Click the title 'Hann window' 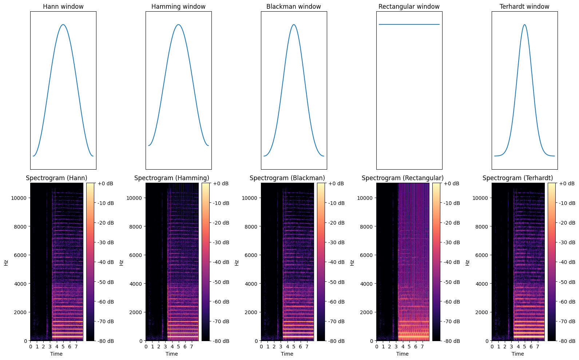pyautogui.click(x=63, y=7)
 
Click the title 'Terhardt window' pyautogui.click(x=524, y=7)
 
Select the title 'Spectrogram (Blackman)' pyautogui.click(x=287, y=178)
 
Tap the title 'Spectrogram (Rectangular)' pyautogui.click(x=402, y=178)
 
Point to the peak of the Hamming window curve pyautogui.click(x=178, y=25)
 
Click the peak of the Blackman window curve pyautogui.click(x=294, y=25)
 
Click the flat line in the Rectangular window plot pyautogui.click(x=409, y=24)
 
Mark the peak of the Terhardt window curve pyautogui.click(x=524, y=25)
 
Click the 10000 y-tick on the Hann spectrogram pyautogui.click(x=20, y=198)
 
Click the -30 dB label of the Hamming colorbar pyautogui.click(x=221, y=242)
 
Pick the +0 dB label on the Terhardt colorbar pyautogui.click(x=567, y=183)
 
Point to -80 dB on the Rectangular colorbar pyautogui.click(x=451, y=341)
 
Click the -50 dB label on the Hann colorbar pyautogui.click(x=106, y=282)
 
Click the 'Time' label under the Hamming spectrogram pyautogui.click(x=172, y=354)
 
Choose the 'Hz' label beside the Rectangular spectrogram pyautogui.click(x=352, y=262)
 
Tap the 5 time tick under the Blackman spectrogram pyautogui.click(x=294, y=347)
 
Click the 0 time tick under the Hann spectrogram pyautogui.click(x=31, y=347)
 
